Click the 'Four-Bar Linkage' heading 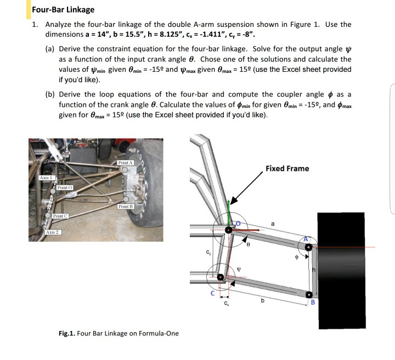point(63,9)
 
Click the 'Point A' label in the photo point(125,163)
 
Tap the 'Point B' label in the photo point(125,206)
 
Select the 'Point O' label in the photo point(65,188)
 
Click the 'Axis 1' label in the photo point(46,178)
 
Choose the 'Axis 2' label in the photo point(53,232)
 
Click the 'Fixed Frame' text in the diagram point(287,168)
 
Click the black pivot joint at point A point(309,248)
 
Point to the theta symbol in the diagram point(249,247)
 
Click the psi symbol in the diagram point(238,268)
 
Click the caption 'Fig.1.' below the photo point(67,333)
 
